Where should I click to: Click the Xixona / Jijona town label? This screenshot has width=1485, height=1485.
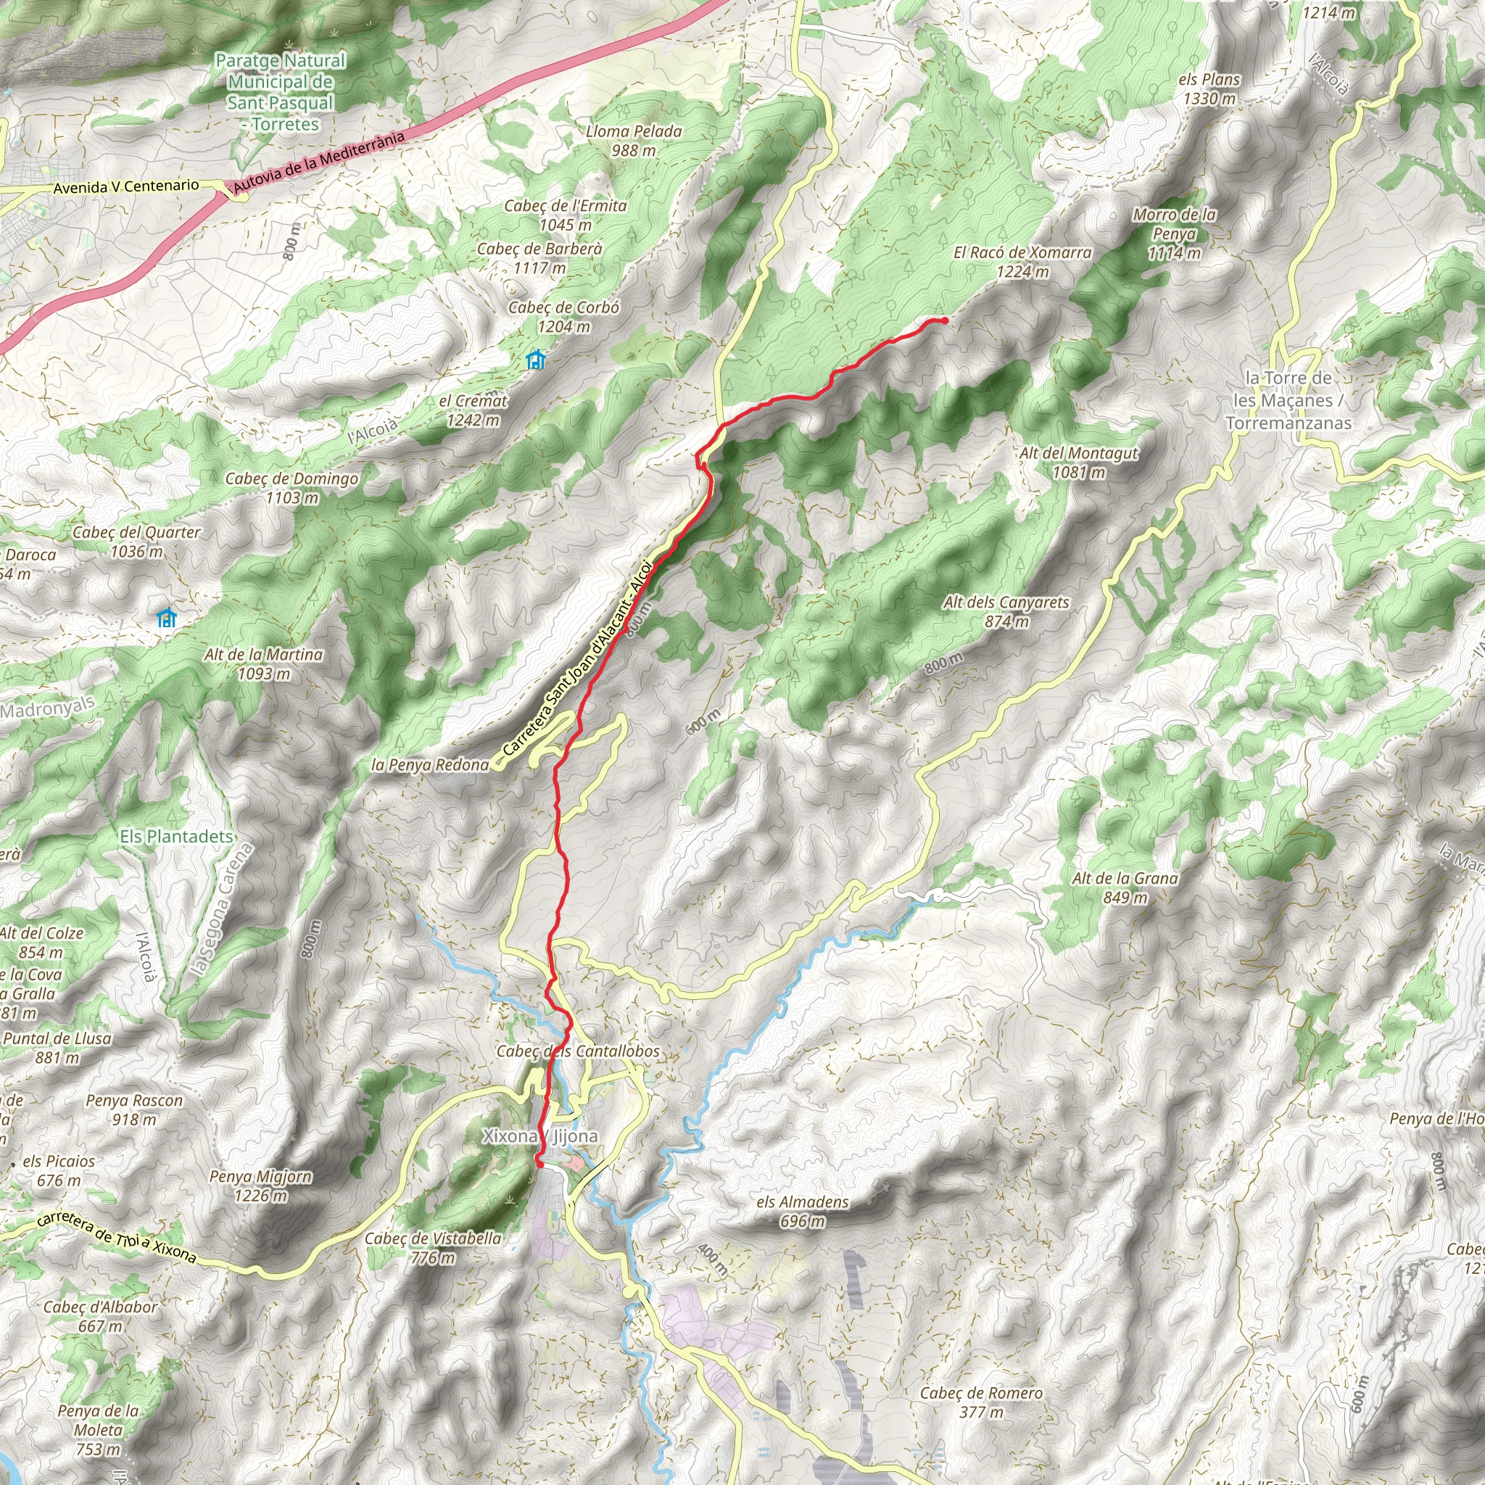[x=539, y=1136]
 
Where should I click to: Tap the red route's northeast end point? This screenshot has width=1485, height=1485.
[x=944, y=320]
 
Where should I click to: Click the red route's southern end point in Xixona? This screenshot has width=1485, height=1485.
[x=539, y=1165]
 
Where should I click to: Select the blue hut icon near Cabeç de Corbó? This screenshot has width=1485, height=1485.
[x=536, y=360]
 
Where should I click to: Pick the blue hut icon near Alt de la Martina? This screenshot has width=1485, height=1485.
[x=166, y=618]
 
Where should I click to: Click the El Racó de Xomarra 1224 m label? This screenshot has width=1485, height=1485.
[x=1022, y=261]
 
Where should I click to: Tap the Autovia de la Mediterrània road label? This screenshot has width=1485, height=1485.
[x=319, y=162]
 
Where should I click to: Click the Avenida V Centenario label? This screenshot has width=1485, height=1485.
[x=126, y=187]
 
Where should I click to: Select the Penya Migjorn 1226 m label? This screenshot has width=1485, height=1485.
[x=260, y=1186]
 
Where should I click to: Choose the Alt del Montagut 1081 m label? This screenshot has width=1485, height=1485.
[x=1078, y=463]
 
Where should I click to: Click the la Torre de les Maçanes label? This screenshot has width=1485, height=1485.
[x=1288, y=400]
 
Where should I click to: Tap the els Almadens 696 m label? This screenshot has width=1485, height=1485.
[x=803, y=1212]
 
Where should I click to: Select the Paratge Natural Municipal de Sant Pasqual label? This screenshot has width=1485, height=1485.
[x=281, y=92]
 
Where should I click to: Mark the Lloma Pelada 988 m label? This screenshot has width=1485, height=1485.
[x=633, y=141]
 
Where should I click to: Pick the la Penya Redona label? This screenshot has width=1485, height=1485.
[x=430, y=765]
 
